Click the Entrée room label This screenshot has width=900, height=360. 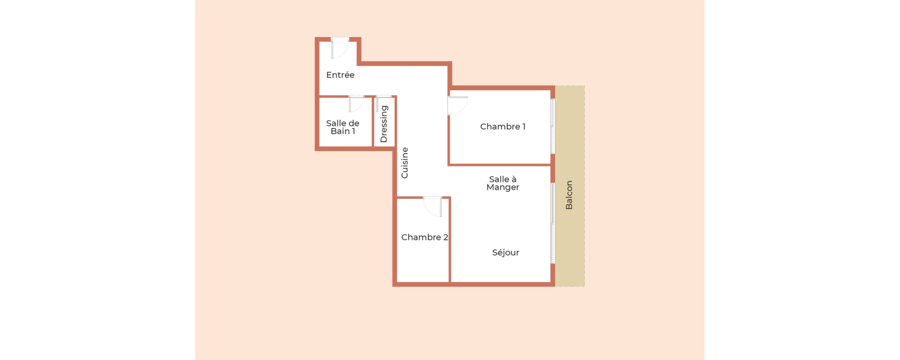coord(340,75)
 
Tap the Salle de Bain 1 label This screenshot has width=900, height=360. coord(343,127)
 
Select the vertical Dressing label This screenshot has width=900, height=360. coord(384,124)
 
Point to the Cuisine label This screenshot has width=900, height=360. coord(405,163)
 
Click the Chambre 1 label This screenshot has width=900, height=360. coord(502,127)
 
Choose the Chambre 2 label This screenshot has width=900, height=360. coord(425,237)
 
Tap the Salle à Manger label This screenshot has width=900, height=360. coord(502,183)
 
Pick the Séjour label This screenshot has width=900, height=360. coord(505,253)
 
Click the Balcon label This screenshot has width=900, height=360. coord(569,195)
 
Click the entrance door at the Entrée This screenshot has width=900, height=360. coord(340,48)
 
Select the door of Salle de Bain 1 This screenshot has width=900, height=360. coord(356,104)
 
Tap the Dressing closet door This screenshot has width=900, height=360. coord(383,103)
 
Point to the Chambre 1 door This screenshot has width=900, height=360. coord(457,105)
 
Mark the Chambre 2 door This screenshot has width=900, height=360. coord(433,206)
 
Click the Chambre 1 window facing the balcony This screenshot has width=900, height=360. coord(553,126)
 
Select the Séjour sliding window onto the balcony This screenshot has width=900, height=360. coord(553,223)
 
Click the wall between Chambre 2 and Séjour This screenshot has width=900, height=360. coord(450,240)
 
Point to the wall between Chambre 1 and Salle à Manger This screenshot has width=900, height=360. coord(500,165)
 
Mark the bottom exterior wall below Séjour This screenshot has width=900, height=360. coord(473,285)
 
